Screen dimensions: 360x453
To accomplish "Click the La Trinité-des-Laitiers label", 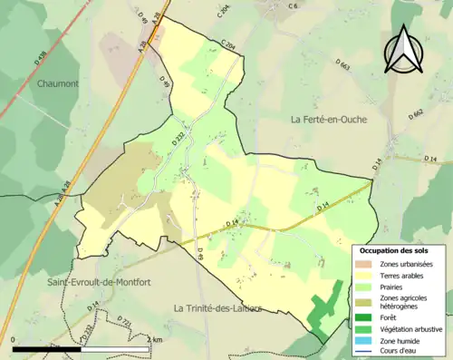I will pos(217,308).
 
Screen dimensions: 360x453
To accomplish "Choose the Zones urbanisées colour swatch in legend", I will pos(364,264).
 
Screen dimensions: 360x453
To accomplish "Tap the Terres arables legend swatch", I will pos(364,277).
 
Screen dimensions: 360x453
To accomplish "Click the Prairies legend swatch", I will pos(364,288).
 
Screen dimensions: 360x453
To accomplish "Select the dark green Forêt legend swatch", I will pos(364,317).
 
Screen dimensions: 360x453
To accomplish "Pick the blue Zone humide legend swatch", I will pos(364,340).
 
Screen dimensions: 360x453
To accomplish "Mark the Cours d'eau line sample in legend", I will pos(364,351).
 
